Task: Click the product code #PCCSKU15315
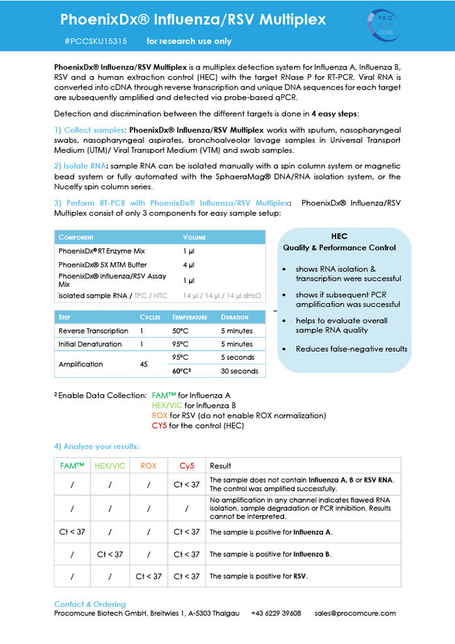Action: (x=96, y=41)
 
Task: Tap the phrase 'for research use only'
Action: (x=188, y=41)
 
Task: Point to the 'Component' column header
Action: (x=76, y=237)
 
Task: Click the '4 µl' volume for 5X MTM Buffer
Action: (x=189, y=265)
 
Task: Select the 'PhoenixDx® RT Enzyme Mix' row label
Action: (x=101, y=251)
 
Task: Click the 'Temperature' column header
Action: (x=189, y=317)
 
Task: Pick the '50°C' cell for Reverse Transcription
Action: (x=181, y=331)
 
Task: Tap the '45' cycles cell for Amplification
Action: (x=144, y=364)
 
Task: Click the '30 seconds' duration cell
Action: (x=239, y=371)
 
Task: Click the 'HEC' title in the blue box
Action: (x=339, y=237)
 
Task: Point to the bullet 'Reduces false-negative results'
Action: (x=351, y=349)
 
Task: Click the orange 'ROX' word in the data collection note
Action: (x=159, y=416)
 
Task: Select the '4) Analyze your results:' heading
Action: (x=96, y=446)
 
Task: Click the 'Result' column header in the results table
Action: (x=220, y=466)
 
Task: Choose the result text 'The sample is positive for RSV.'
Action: (x=258, y=576)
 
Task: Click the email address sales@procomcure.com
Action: (x=355, y=613)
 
